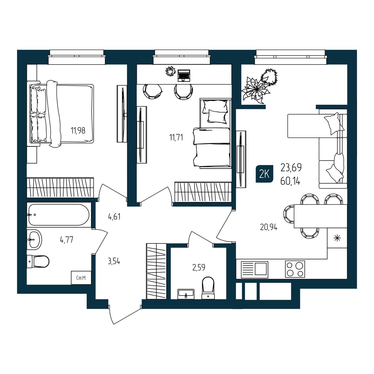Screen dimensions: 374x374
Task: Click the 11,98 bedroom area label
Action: click(x=78, y=130)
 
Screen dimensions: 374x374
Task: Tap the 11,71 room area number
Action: click(x=176, y=137)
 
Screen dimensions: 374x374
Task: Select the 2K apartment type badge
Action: click(x=264, y=174)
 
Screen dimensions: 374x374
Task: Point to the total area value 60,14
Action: click(x=290, y=182)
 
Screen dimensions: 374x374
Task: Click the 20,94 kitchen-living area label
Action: click(x=269, y=227)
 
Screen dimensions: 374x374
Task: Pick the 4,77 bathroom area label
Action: click(x=67, y=240)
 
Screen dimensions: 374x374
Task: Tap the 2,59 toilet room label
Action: click(x=199, y=267)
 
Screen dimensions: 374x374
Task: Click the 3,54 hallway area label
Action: click(x=114, y=261)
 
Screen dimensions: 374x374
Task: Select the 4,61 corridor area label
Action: click(x=114, y=216)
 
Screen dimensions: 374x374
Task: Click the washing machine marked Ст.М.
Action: click(x=81, y=278)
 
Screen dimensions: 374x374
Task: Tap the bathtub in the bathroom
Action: click(x=59, y=215)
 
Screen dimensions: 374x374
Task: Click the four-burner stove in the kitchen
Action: click(x=295, y=269)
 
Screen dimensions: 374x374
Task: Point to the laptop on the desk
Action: click(x=184, y=75)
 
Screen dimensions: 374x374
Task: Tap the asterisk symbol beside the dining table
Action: click(x=337, y=238)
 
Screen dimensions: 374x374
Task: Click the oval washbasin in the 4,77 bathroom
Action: click(x=34, y=239)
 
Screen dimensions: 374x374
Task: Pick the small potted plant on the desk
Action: click(x=170, y=71)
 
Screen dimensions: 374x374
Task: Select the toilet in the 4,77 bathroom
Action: click(x=38, y=261)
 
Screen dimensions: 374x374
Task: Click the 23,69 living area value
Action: click(x=291, y=167)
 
